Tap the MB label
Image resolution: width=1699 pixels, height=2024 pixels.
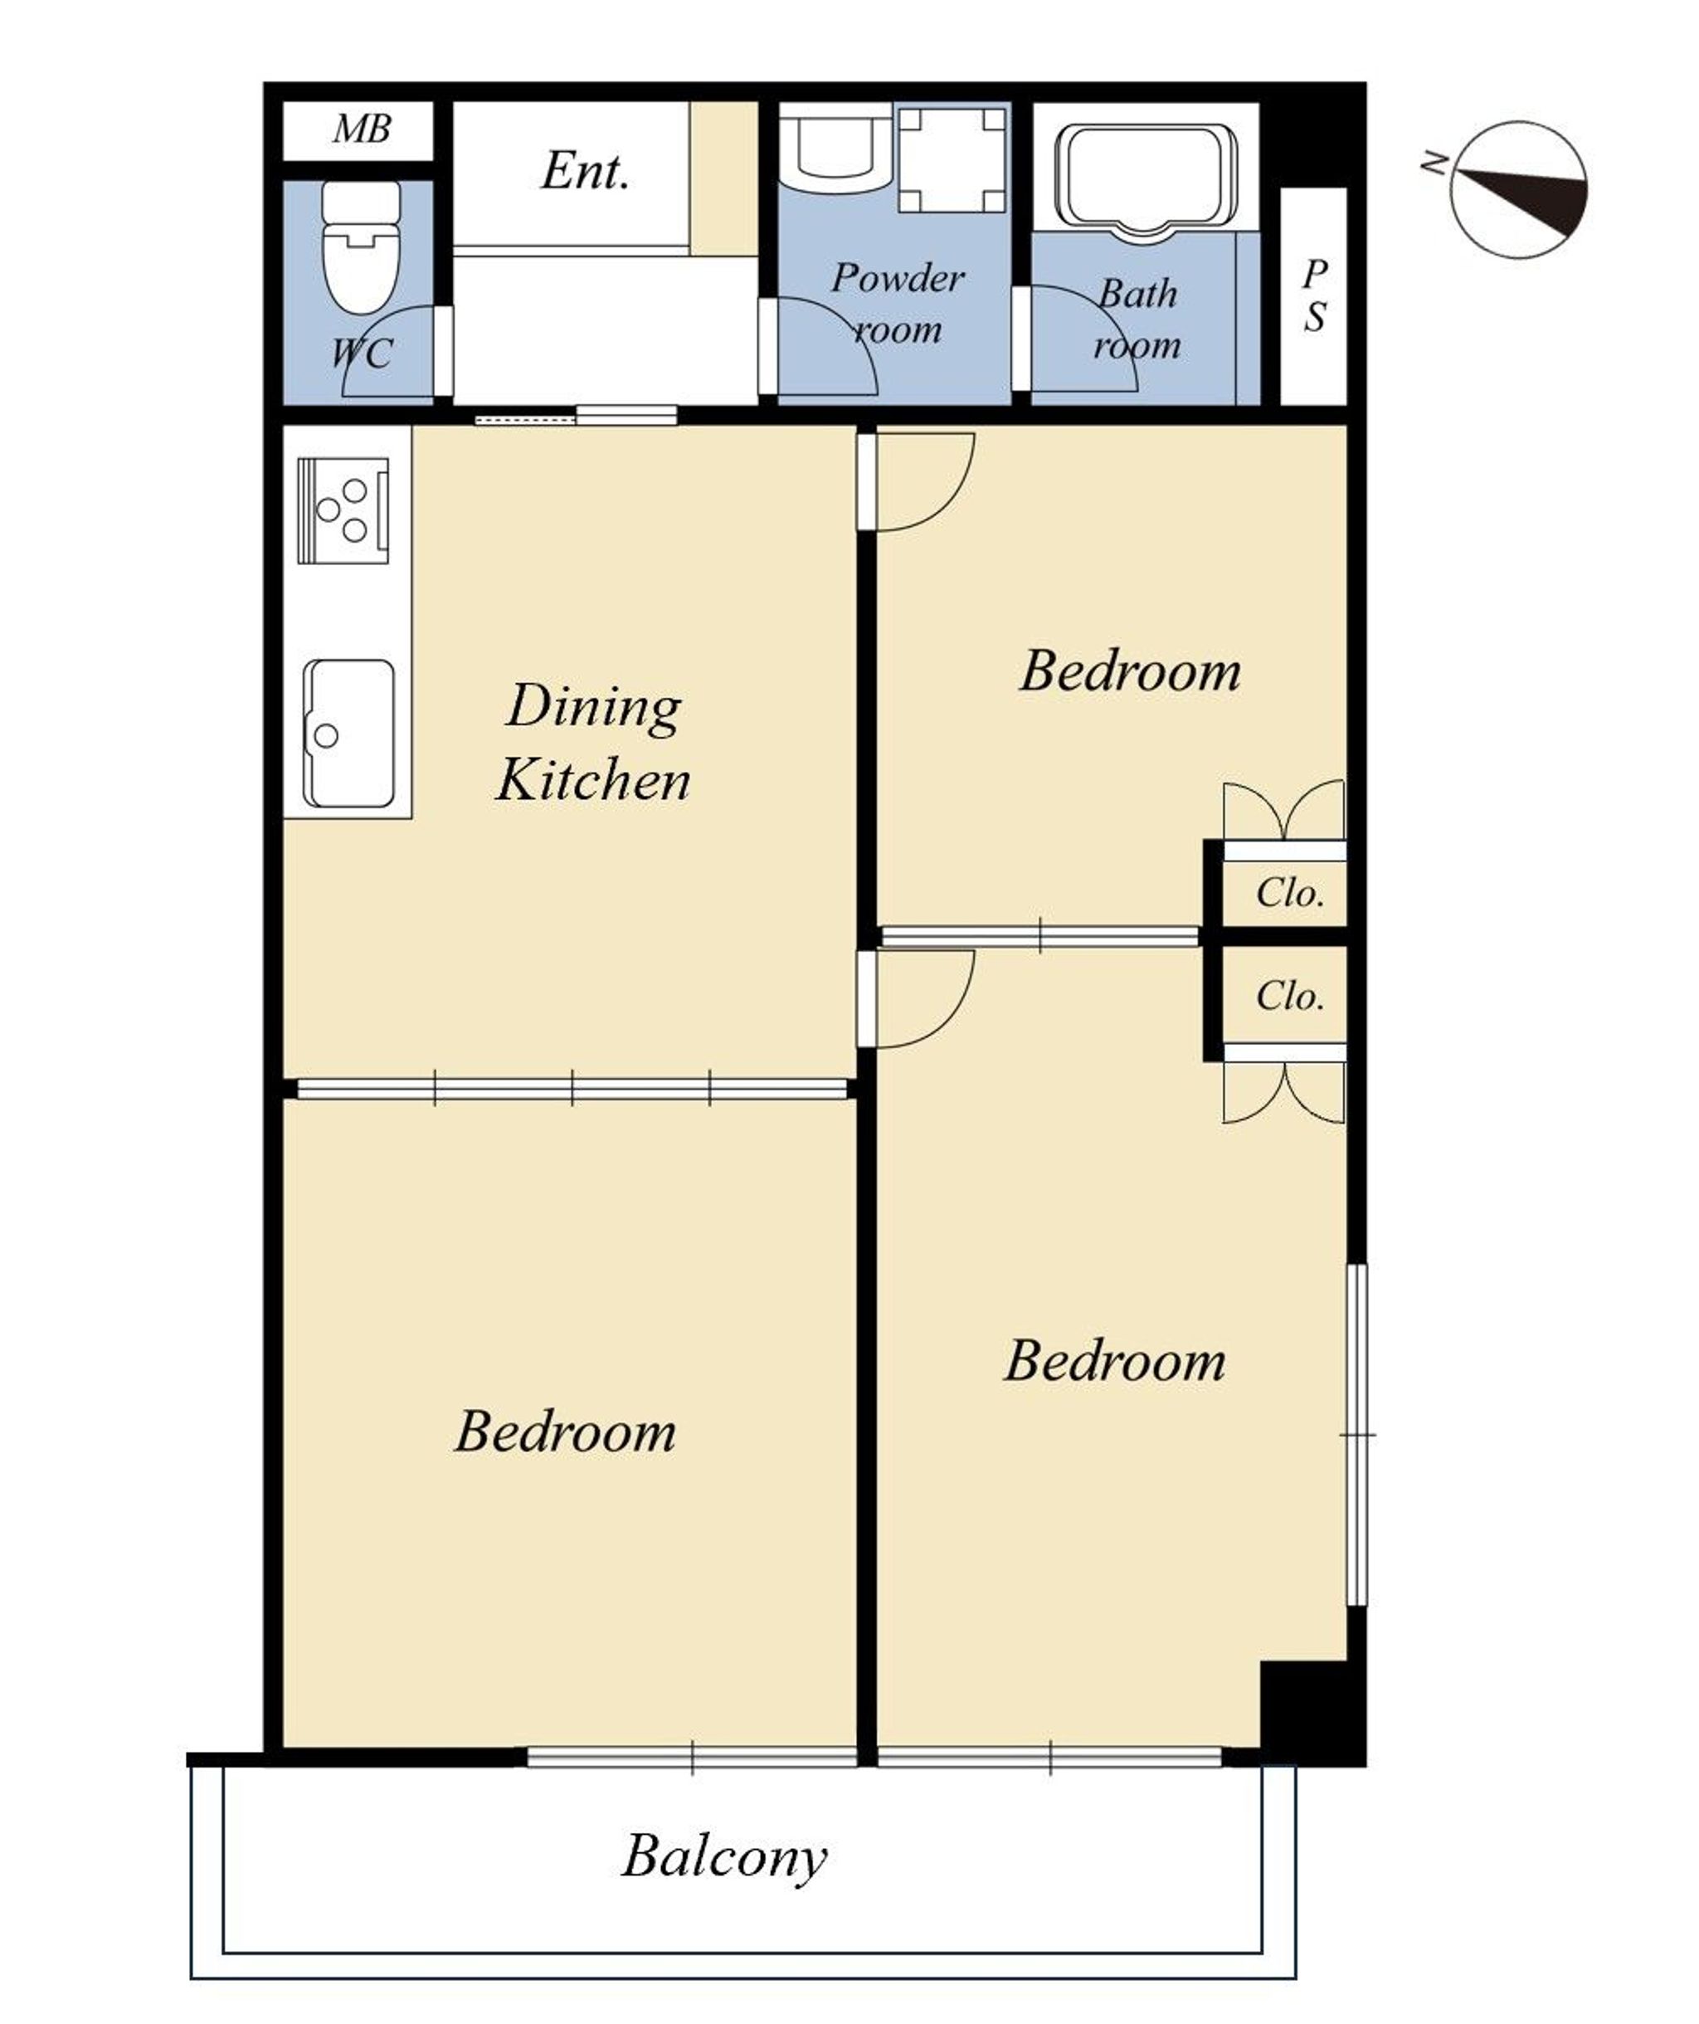[x=362, y=129]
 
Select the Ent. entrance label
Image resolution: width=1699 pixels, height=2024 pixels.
[x=585, y=172]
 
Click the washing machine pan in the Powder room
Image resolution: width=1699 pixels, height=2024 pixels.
[x=952, y=159]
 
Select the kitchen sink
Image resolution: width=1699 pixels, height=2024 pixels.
[x=348, y=734]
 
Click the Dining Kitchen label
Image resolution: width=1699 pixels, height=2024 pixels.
[x=594, y=742]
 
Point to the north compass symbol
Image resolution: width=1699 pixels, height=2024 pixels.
[x=1519, y=190]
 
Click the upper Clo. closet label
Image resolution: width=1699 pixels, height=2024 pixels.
[x=1289, y=894]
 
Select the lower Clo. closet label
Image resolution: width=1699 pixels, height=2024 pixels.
[x=1289, y=996]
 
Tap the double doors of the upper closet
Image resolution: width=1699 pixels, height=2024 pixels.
[x=1284, y=812]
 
